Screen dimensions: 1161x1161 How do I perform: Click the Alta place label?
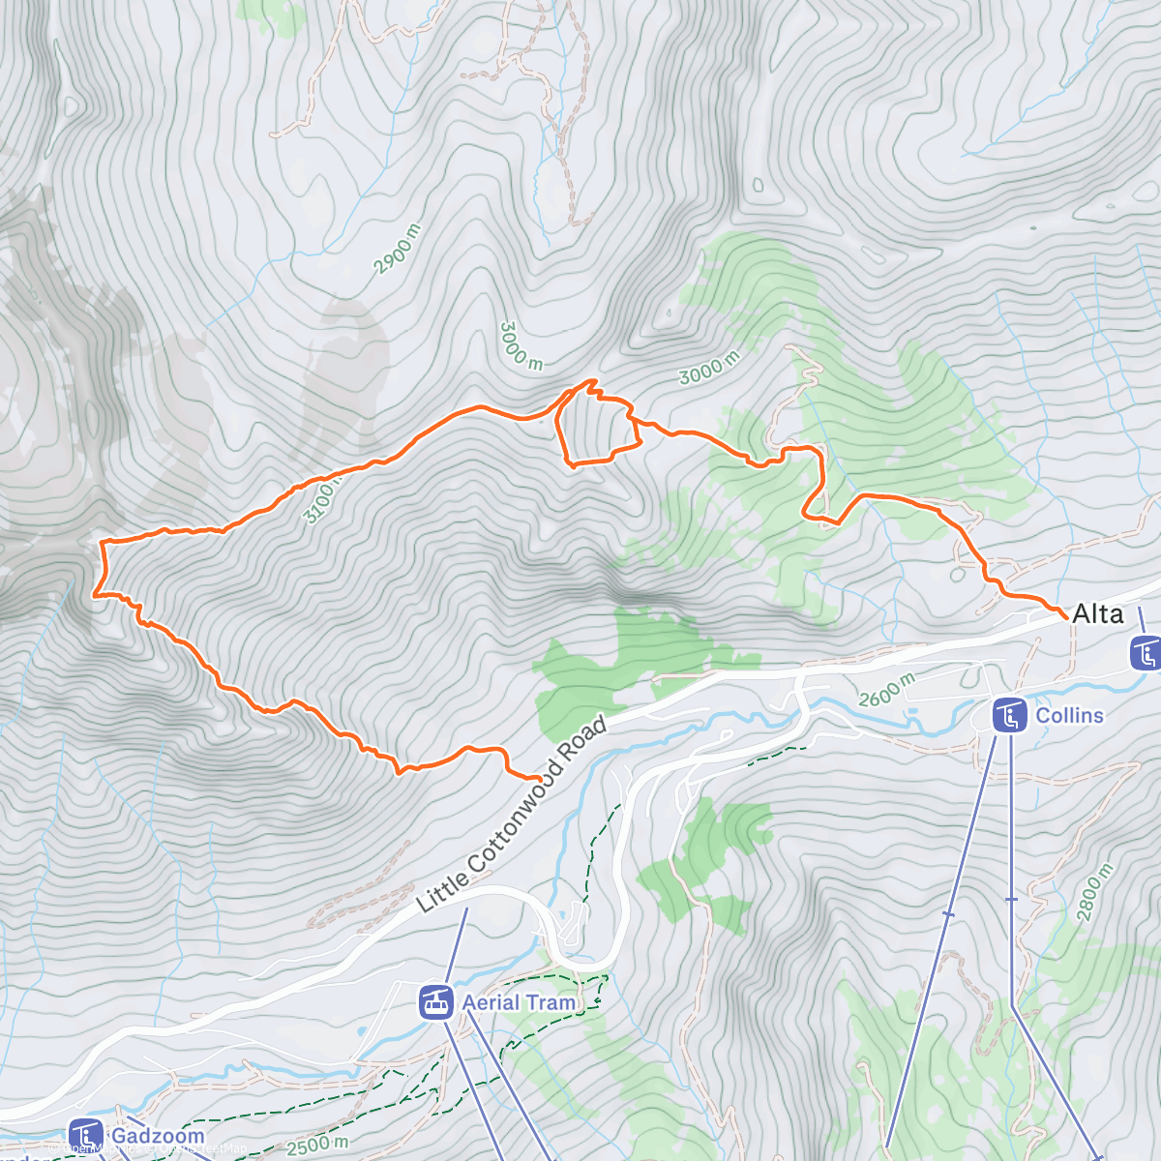pyautogui.click(x=1098, y=613)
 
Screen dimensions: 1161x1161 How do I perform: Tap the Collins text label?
pyautogui.click(x=1069, y=715)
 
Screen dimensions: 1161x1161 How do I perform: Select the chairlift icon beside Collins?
pyautogui.click(x=1010, y=716)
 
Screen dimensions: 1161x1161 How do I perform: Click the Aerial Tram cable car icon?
pyautogui.click(x=436, y=1002)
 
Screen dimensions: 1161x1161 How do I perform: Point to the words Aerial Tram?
pyautogui.click(x=519, y=1002)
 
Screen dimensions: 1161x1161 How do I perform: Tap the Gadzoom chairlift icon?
pyautogui.click(x=85, y=1136)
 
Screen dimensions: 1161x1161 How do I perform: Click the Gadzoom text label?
pyautogui.click(x=158, y=1136)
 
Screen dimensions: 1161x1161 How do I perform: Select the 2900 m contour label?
pyautogui.click(x=399, y=249)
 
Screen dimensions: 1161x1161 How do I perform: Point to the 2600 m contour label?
pyautogui.click(x=886, y=690)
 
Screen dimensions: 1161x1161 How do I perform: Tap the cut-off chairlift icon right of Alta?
pyautogui.click(x=1146, y=653)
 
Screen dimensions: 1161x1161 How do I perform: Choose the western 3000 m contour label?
pyautogui.click(x=521, y=345)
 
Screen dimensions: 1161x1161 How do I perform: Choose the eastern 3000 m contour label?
pyautogui.click(x=709, y=368)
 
